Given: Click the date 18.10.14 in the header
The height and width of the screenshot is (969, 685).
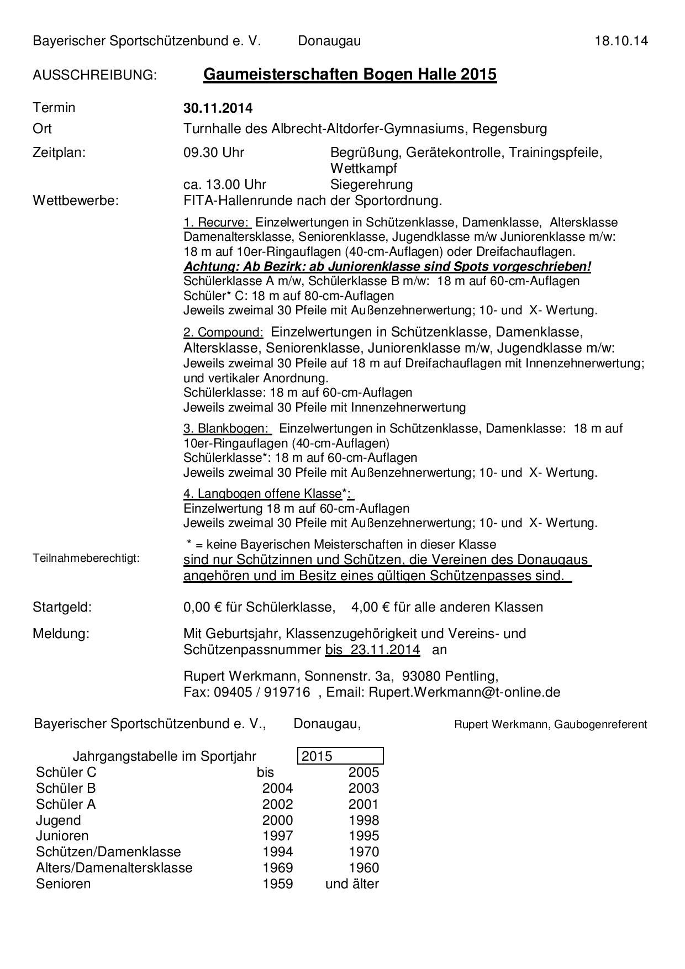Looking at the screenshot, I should coord(621,41).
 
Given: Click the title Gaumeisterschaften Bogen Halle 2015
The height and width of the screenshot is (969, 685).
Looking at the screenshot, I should coord(350,74).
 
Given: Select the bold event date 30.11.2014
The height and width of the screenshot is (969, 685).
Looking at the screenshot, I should coord(218,108).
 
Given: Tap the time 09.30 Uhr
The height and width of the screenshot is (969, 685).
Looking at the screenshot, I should coord(214,152).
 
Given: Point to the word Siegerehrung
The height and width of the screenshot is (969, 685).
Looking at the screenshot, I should coord(371,185).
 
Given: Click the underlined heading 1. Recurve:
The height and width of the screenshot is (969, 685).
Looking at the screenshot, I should coord(217,223).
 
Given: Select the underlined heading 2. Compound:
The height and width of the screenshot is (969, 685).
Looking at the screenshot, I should coord(223,333).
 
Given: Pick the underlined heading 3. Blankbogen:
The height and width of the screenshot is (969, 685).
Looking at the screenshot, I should coord(227,429).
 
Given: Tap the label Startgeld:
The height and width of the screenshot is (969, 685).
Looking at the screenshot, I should coord(62,607).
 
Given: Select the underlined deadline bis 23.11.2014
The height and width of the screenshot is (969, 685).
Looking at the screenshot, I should coord(372,650).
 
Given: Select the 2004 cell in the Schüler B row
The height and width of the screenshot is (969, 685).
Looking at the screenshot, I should coord(277,788).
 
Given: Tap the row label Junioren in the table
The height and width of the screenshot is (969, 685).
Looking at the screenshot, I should coord(62,836).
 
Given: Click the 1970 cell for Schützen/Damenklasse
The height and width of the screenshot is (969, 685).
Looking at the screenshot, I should coord(363,852).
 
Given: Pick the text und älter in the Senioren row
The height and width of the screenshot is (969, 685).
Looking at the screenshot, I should coord(352,884).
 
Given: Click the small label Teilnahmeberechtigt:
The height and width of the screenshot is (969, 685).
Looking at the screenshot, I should coord(86,559).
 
